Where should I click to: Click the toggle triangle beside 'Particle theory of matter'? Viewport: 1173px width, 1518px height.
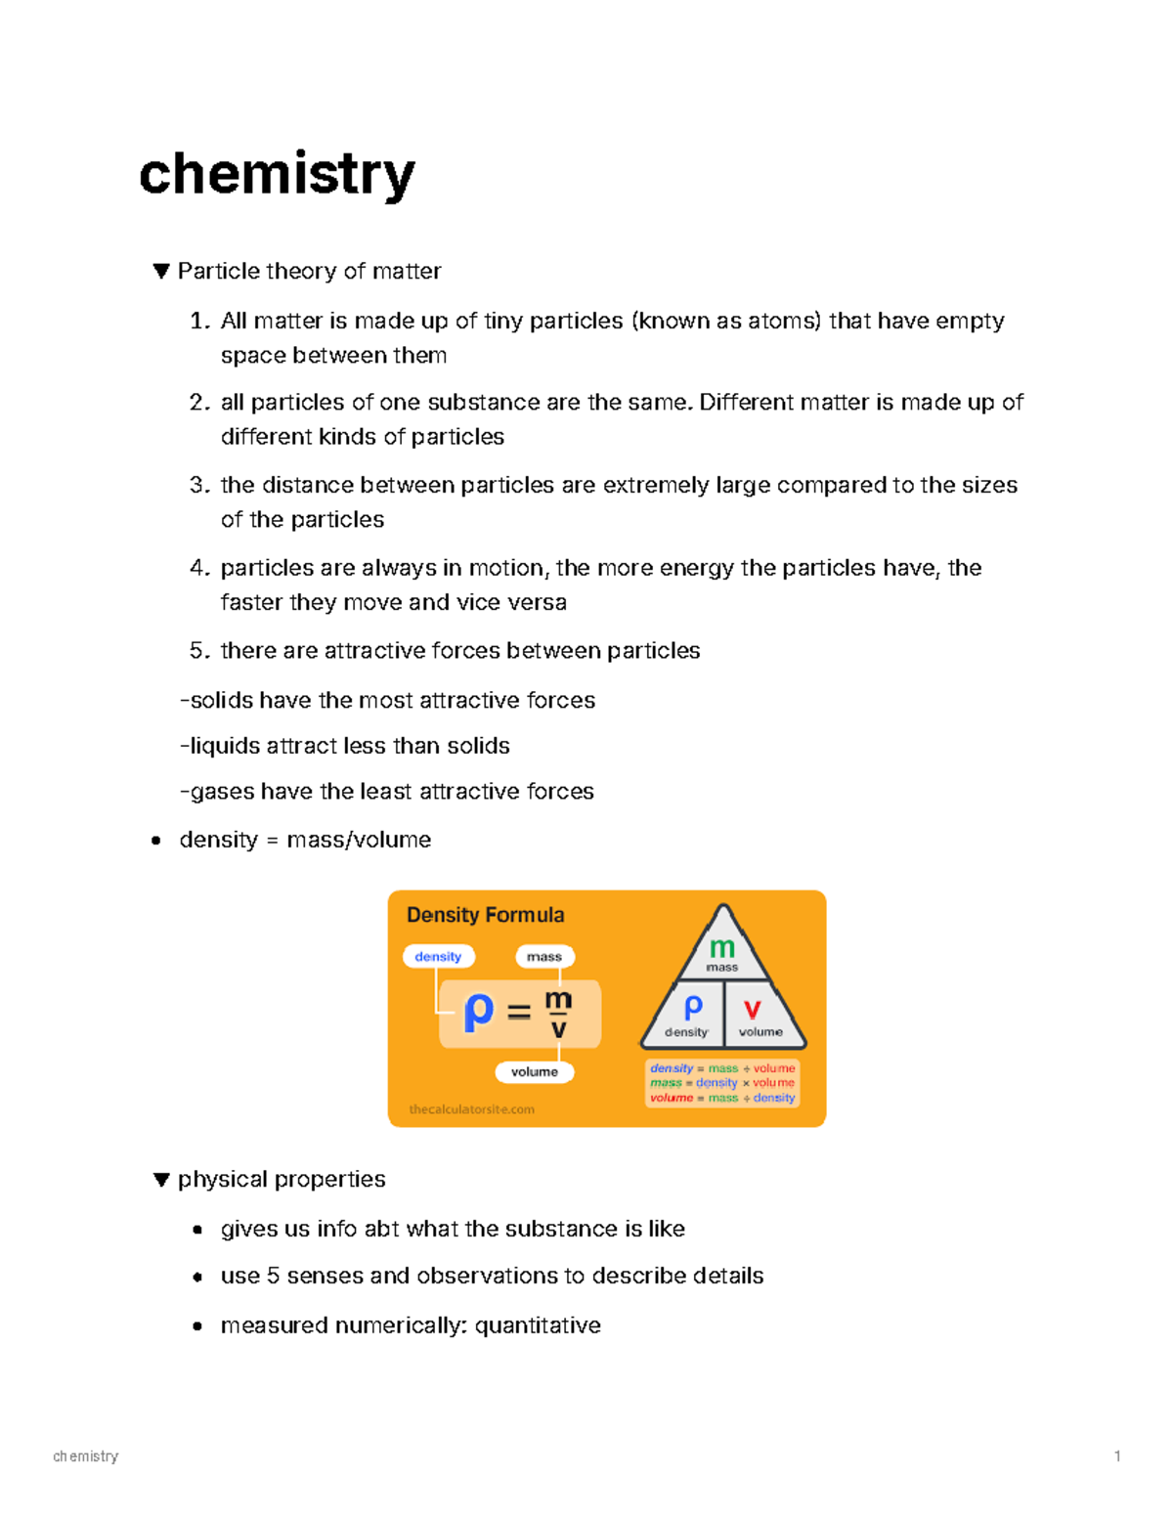click(161, 271)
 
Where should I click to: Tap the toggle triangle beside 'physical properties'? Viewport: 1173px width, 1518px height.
click(161, 1180)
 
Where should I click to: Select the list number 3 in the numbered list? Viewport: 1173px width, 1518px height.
click(198, 486)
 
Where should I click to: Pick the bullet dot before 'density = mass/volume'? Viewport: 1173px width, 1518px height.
click(156, 841)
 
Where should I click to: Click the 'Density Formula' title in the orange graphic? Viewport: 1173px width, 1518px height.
click(485, 915)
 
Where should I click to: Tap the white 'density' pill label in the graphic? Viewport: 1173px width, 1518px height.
click(438, 956)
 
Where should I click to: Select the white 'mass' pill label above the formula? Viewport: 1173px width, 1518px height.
click(544, 956)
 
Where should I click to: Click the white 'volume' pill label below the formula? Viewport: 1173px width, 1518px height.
click(535, 1072)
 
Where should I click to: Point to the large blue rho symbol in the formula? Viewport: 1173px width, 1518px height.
click(478, 1012)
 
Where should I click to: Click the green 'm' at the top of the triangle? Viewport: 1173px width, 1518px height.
click(722, 947)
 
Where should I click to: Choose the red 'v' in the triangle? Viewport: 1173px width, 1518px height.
click(752, 1009)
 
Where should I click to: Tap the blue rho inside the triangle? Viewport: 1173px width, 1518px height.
click(693, 1007)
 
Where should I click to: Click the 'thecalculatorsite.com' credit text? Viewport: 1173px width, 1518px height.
click(471, 1109)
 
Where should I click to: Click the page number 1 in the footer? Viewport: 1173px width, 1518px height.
click(1117, 1456)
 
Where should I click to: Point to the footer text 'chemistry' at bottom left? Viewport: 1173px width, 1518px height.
click(86, 1456)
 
